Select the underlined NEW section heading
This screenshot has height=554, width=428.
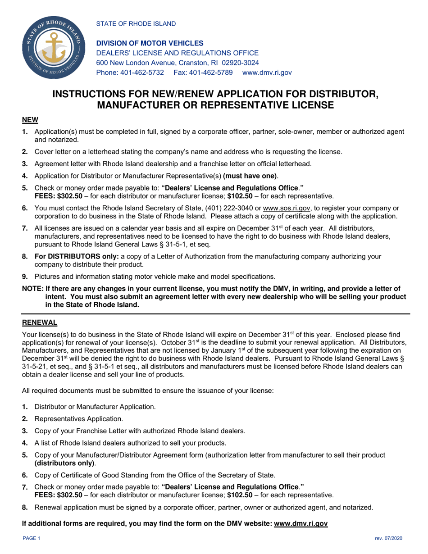click(x=30, y=120)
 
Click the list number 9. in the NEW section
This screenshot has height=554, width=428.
click(x=25, y=277)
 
